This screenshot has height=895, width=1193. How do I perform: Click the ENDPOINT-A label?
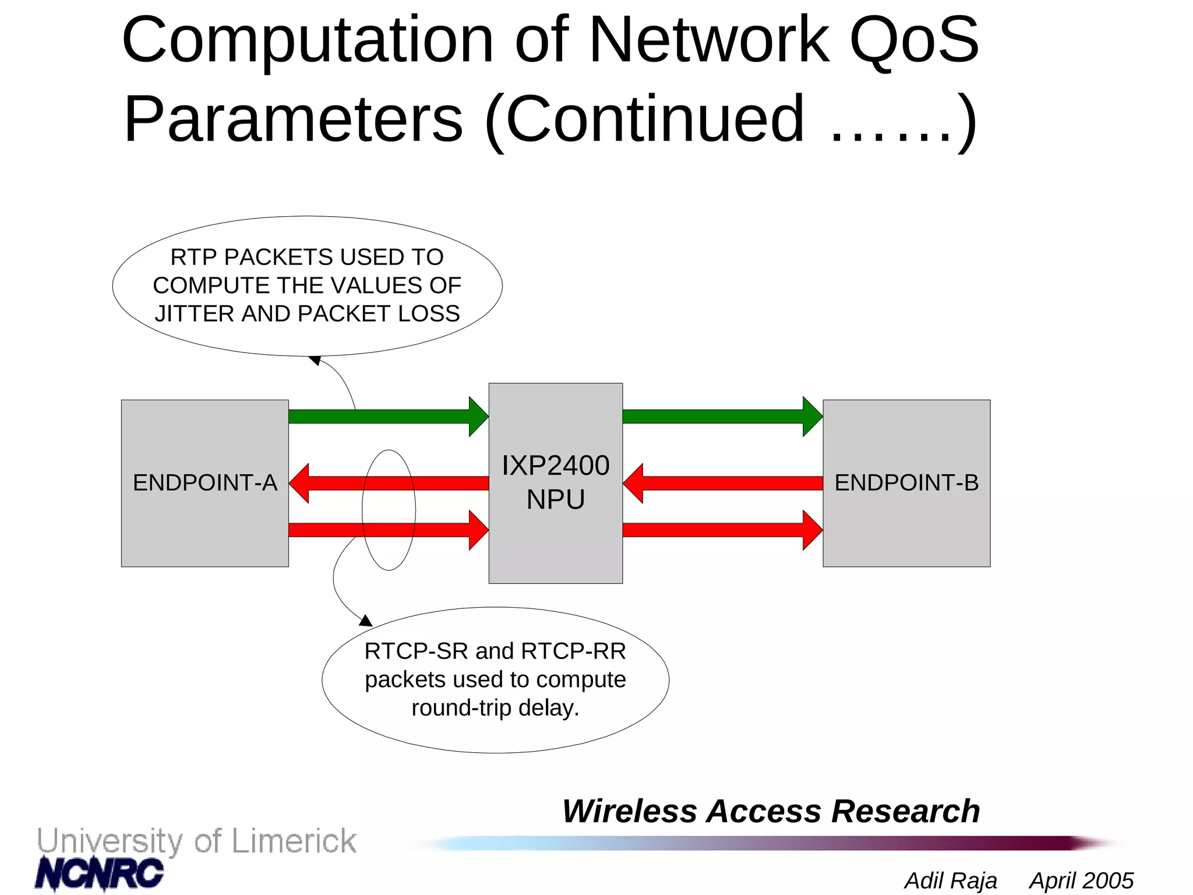coord(204,482)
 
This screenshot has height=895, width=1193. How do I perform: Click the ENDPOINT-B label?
coord(906,482)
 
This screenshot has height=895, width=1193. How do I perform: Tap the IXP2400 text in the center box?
coord(555,466)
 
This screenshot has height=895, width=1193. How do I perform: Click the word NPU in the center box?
coord(555,499)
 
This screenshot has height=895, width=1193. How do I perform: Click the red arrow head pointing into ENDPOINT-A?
coord(300,483)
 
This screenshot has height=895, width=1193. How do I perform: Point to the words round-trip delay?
coord(495,707)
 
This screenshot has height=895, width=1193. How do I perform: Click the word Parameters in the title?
coord(293,119)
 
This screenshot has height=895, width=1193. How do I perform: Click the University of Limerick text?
coord(196,841)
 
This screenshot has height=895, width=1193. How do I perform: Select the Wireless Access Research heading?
coord(770,811)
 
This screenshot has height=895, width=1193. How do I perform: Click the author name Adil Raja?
coord(950,880)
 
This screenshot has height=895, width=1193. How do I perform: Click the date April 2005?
coord(1081,880)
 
